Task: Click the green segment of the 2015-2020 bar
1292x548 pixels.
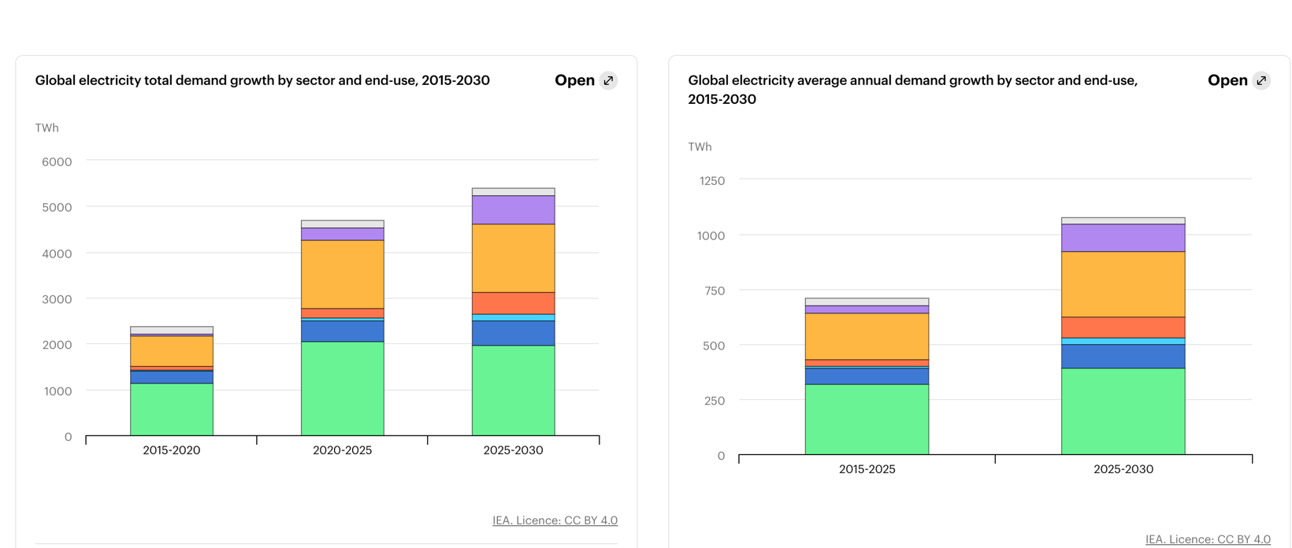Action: [x=171, y=409]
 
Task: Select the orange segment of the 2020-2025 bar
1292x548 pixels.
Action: [x=342, y=274]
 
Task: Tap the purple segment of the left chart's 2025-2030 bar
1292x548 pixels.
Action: [x=513, y=210]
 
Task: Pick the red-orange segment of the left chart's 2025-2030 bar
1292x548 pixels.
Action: [x=513, y=303]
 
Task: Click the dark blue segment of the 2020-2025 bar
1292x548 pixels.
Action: [x=342, y=331]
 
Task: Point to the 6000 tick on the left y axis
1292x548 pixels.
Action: [x=57, y=161]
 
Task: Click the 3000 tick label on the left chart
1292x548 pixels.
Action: [x=57, y=299]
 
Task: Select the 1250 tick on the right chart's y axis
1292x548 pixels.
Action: [x=711, y=180]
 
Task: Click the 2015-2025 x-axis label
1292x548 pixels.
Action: [x=867, y=469]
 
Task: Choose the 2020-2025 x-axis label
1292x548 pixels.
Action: [x=342, y=450]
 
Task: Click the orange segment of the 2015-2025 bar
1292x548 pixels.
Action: [x=867, y=336]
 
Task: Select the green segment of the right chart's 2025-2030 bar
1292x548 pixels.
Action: [x=1123, y=411]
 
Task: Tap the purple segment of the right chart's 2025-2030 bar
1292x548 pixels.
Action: [x=1123, y=238]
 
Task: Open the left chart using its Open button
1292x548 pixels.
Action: [x=575, y=80]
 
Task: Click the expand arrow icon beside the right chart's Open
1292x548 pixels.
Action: [x=1261, y=80]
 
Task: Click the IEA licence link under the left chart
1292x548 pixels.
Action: [x=555, y=520]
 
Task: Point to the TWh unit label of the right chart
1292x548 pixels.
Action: [x=700, y=146]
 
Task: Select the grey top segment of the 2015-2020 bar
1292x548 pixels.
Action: [x=171, y=330]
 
